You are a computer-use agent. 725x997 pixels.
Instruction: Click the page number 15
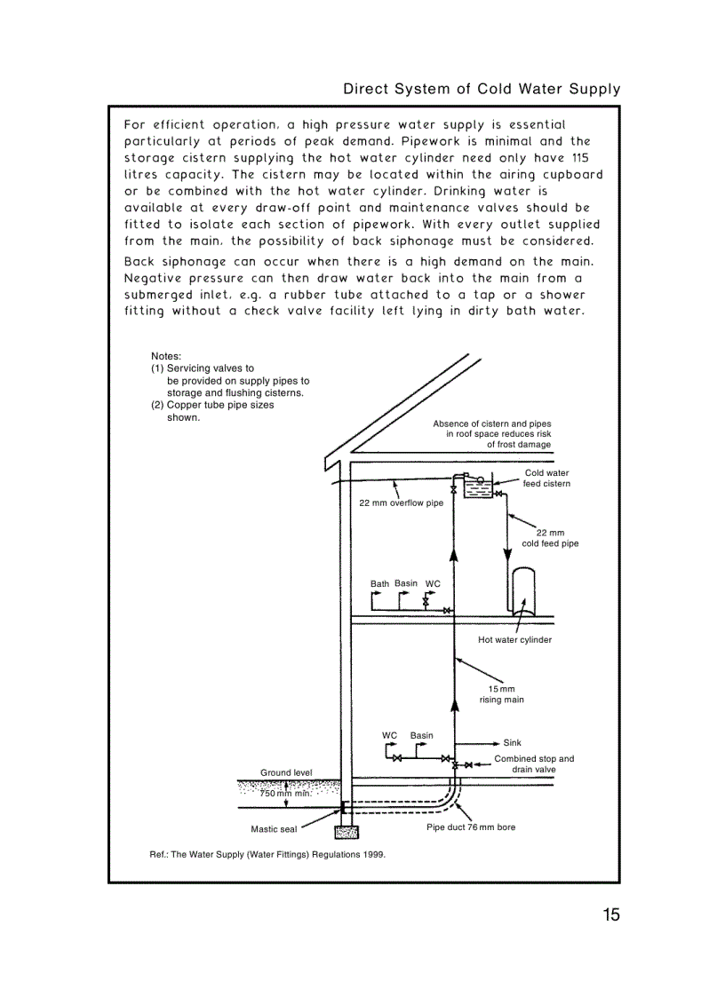coord(609,915)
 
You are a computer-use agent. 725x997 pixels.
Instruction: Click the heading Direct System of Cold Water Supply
coord(482,89)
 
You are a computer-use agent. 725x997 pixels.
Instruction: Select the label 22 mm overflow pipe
coord(401,503)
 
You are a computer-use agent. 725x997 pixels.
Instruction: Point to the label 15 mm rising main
coord(501,694)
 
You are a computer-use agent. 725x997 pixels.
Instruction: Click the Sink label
coord(512,743)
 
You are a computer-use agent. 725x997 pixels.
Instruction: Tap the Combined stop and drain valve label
coord(533,764)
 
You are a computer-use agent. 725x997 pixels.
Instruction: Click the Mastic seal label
coord(274,830)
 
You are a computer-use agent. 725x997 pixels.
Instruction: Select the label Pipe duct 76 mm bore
coord(471,827)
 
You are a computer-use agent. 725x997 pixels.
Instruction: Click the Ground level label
coord(286,772)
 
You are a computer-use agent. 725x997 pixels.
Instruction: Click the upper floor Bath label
coord(379,584)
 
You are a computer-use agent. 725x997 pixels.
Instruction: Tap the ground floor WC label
coord(389,735)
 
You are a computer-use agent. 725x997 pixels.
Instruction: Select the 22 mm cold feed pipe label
coord(550,538)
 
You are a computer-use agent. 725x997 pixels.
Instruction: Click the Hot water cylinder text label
coord(514,640)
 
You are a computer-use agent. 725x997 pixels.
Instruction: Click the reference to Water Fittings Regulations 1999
coord(267,854)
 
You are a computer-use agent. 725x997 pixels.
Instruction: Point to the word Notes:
coord(166,356)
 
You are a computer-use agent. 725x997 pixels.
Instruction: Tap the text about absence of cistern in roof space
coord(492,434)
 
